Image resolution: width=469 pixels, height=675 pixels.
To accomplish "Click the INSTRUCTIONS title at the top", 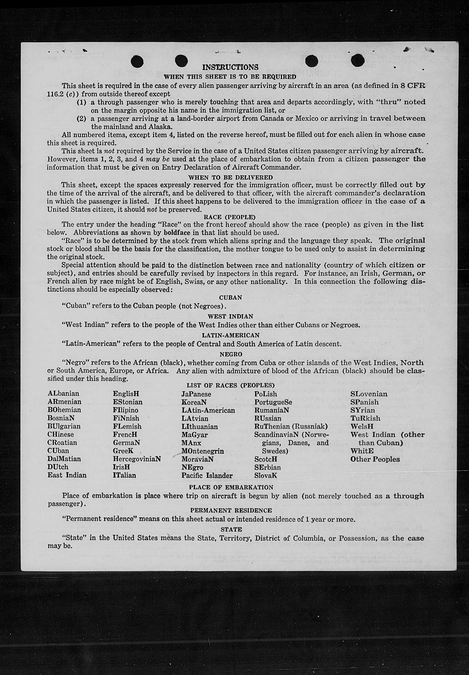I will [230, 67].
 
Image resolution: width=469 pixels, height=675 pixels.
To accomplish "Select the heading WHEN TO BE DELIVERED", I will [230, 178].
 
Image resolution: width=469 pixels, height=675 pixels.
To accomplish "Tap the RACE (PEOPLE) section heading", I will [230, 217].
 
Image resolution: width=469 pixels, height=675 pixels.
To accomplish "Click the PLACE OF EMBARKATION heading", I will [231, 487].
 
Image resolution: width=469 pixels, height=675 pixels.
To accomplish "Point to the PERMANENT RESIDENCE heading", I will [231, 510].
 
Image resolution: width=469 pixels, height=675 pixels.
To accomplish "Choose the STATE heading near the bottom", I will [231, 529].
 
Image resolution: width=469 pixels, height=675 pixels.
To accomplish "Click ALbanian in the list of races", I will [63, 393].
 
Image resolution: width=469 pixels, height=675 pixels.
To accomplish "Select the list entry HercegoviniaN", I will [137, 459].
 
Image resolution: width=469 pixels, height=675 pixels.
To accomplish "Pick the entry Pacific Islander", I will [207, 475].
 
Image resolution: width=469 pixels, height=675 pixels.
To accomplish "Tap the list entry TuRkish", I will [365, 418].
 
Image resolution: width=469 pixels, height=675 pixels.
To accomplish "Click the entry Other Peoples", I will [375, 459].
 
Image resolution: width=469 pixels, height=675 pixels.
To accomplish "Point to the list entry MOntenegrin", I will [202, 451].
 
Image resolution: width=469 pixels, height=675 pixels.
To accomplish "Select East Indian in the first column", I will [67, 475].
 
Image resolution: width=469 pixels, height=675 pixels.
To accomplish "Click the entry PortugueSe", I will [273, 402].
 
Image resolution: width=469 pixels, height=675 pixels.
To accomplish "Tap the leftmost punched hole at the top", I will [137, 62].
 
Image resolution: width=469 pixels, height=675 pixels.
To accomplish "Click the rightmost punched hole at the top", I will [357, 61].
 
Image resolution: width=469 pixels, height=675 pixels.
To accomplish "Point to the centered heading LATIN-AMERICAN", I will [231, 335].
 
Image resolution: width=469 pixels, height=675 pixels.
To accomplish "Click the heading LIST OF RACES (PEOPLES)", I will [230, 385].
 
